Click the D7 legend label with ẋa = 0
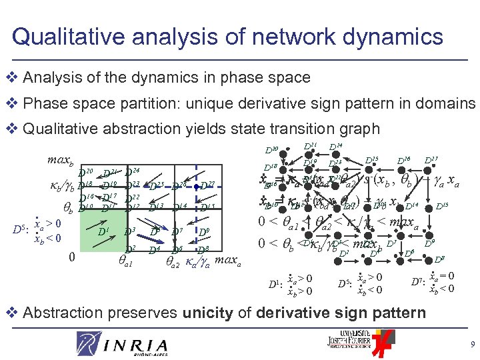pyautogui.click(x=415, y=281)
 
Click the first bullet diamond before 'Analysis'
pyautogui.click(x=13, y=77)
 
